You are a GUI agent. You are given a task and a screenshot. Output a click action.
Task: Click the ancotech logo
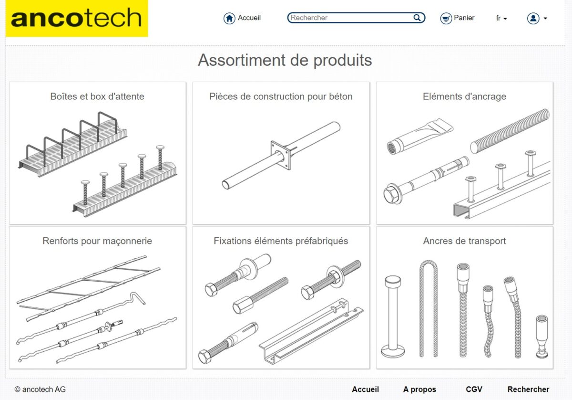tap(77, 18)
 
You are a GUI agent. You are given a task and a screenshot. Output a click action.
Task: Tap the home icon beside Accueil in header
tap(229, 19)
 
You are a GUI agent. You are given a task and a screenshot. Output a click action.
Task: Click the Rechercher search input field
tap(356, 18)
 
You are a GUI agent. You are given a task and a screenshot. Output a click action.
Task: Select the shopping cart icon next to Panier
tap(446, 19)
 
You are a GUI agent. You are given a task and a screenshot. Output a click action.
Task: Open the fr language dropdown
tap(501, 18)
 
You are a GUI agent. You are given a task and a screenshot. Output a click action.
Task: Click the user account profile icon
tap(533, 19)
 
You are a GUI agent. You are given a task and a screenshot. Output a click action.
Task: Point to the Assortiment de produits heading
tap(285, 60)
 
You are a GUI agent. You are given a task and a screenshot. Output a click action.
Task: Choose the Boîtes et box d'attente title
tap(97, 96)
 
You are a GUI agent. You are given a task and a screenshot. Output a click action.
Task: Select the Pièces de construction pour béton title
tap(281, 96)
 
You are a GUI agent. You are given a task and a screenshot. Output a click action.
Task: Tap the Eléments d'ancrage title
tap(464, 96)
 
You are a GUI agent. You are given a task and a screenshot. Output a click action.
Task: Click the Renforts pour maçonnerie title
tap(97, 241)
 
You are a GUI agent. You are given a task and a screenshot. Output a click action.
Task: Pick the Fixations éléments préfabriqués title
tap(281, 241)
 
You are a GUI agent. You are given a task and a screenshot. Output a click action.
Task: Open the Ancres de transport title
tap(464, 241)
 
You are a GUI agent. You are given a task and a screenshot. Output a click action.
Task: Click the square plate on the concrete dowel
tap(281, 155)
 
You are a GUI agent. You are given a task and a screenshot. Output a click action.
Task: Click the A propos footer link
tap(419, 389)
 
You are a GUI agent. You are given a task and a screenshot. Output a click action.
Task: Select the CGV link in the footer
tap(474, 389)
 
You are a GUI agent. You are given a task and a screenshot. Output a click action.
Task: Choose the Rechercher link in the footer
tap(528, 389)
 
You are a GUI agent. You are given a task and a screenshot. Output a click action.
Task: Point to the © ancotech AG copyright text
tap(40, 389)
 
